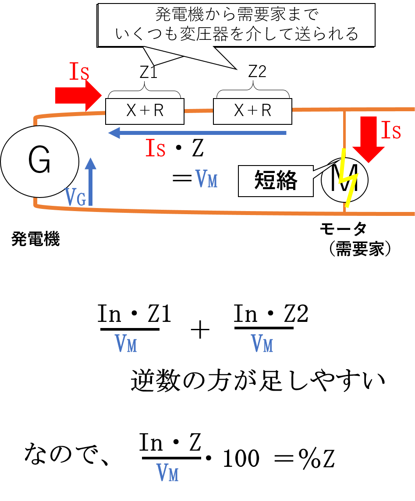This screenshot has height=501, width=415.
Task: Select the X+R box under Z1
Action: coord(145,111)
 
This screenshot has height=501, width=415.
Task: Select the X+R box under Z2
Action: coord(252,111)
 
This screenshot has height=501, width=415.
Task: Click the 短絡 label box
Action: coord(276,181)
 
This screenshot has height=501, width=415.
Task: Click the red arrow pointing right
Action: coord(78,95)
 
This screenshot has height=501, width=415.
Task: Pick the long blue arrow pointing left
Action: coord(197,133)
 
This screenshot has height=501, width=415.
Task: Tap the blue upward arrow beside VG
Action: coord(91,181)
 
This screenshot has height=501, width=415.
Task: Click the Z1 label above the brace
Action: coord(149,71)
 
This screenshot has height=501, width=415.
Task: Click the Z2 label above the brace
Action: coord(257,71)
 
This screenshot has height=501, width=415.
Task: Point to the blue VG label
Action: coord(75,197)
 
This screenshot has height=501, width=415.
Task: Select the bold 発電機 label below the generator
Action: coord(35,239)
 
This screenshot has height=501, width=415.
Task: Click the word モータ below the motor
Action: coord(343,229)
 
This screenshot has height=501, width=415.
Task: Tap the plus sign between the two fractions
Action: coord(200,330)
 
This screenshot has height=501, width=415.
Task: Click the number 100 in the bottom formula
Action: coord(241,459)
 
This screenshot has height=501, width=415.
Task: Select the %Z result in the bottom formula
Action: coord(316,459)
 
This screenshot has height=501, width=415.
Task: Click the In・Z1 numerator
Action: coord(134,314)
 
